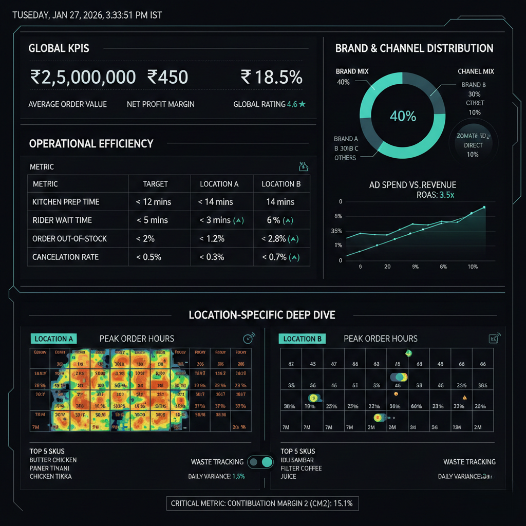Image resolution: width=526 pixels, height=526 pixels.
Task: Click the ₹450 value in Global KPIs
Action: click(x=167, y=77)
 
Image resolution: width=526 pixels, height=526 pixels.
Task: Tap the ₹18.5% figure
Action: click(x=272, y=77)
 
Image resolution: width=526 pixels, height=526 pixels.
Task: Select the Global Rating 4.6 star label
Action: click(x=270, y=104)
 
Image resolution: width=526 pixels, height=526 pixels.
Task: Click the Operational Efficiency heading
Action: click(x=91, y=144)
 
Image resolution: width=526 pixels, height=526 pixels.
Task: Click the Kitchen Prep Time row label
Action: click(x=66, y=202)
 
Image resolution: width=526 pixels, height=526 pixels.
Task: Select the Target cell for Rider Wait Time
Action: click(x=153, y=220)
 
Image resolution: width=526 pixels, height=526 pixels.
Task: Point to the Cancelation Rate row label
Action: click(x=65, y=257)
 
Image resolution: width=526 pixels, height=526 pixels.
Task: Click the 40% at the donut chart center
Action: click(x=403, y=116)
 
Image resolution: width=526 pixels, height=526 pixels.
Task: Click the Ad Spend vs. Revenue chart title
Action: click(x=412, y=185)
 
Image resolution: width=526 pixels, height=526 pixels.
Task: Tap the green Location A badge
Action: click(x=54, y=339)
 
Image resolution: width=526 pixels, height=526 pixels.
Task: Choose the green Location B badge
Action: click(x=303, y=339)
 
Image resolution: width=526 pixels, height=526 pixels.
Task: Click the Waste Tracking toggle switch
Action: click(x=260, y=462)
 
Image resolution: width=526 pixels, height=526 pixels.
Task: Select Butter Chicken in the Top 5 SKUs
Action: click(x=53, y=460)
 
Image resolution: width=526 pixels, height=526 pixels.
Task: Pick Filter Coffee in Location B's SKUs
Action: click(x=302, y=468)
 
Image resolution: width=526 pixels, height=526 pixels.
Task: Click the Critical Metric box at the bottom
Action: click(x=262, y=503)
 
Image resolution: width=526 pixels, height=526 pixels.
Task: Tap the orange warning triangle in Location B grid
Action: click(x=464, y=397)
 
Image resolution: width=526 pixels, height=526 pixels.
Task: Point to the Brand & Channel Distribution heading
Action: click(x=414, y=49)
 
